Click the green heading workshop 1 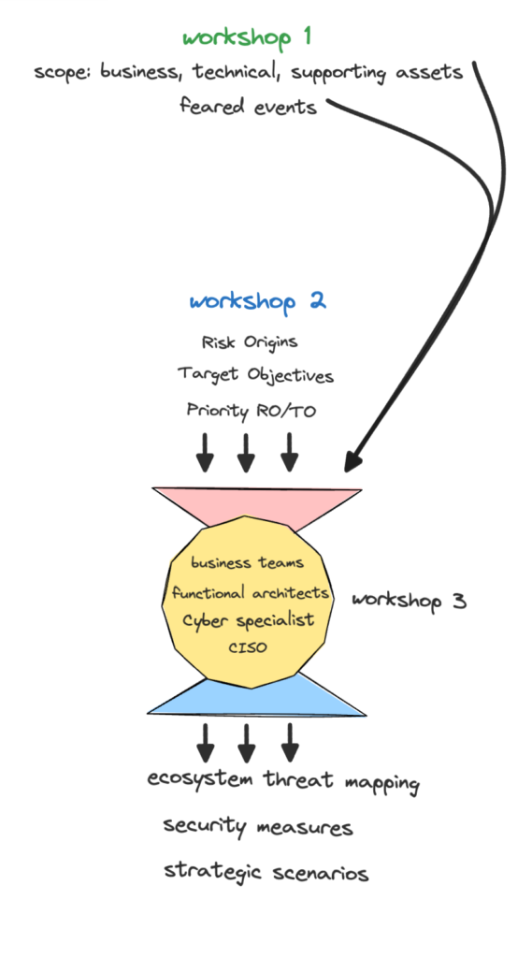pyautogui.click(x=247, y=37)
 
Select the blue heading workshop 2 pyautogui.click(x=257, y=301)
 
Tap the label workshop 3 pyautogui.click(x=410, y=601)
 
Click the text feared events pyautogui.click(x=248, y=107)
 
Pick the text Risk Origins pyautogui.click(x=250, y=341)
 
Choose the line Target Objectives pyautogui.click(x=256, y=374)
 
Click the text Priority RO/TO pyautogui.click(x=252, y=410)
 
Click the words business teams pyautogui.click(x=248, y=562)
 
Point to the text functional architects pyautogui.click(x=251, y=592)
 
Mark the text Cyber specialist pyautogui.click(x=249, y=620)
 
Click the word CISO pyautogui.click(x=248, y=647)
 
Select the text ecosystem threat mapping pyautogui.click(x=283, y=781)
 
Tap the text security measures pyautogui.click(x=258, y=827)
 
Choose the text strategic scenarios pyautogui.click(x=266, y=871)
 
